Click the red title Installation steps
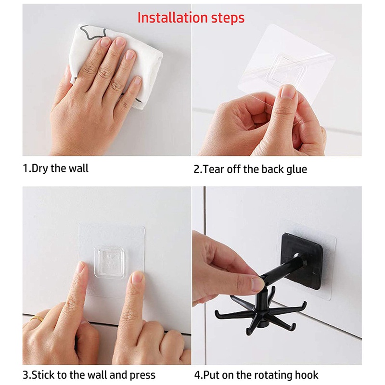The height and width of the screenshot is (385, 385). click(x=191, y=18)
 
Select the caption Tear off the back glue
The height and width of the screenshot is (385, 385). click(x=250, y=169)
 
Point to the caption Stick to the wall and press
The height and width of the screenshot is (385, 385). click(x=89, y=375)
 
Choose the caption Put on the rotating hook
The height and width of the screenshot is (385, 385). click(x=256, y=375)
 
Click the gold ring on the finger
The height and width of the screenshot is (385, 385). click(x=37, y=319)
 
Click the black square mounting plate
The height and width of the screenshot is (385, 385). click(x=302, y=261)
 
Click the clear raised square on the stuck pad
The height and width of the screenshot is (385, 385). click(x=109, y=262)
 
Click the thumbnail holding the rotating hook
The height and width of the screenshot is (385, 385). click(x=257, y=284)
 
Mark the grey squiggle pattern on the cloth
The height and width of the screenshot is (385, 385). click(x=94, y=32)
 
